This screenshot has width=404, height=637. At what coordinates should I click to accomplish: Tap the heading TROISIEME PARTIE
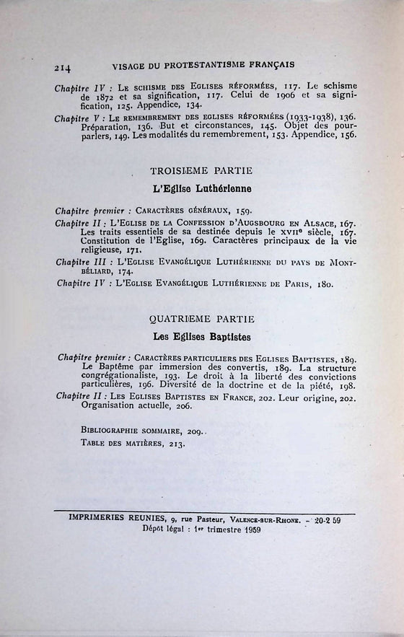click(x=201, y=171)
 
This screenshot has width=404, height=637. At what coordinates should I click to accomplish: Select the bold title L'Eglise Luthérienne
click(x=202, y=189)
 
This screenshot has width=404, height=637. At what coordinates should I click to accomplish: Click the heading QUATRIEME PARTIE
click(x=201, y=318)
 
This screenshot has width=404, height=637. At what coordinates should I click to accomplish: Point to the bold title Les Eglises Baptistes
click(x=201, y=336)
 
